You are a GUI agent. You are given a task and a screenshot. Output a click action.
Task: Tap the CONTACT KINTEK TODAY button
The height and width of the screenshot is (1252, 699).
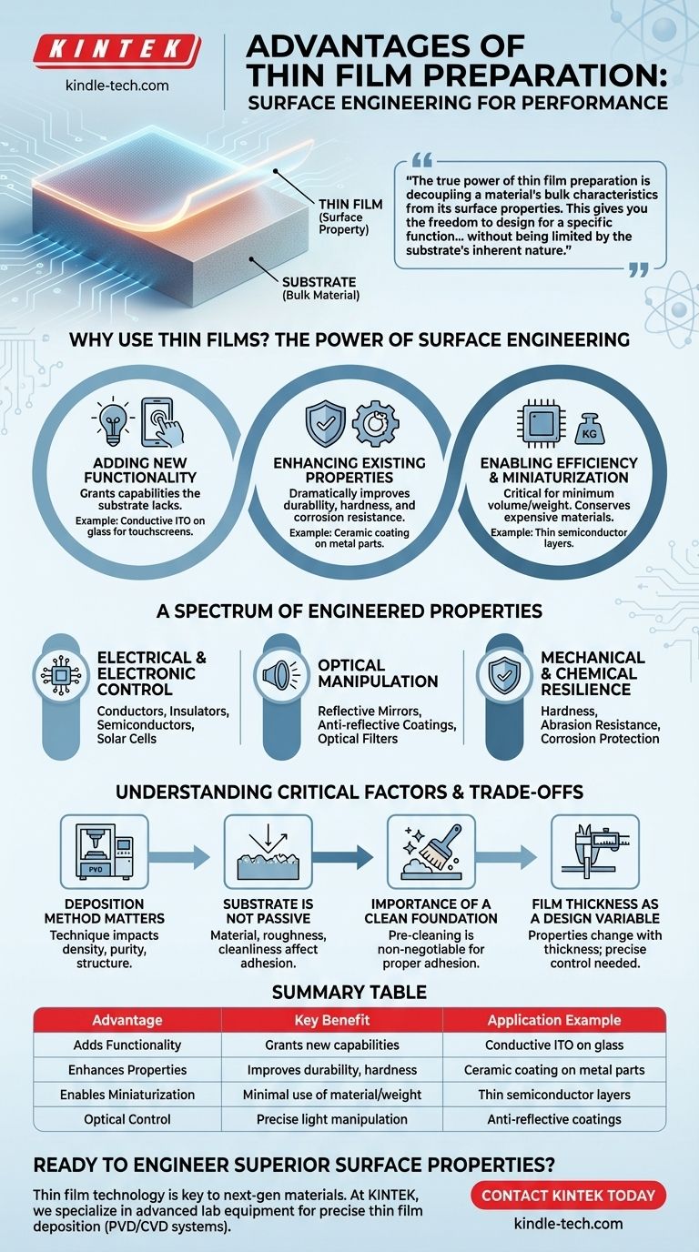pos(568,1196)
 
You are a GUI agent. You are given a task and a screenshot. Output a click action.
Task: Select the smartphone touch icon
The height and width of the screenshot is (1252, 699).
pos(162,422)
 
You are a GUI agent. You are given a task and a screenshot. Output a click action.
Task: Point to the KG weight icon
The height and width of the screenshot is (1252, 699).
pos(589,429)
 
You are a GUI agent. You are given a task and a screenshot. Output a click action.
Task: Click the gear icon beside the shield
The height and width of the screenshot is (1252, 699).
pos(375,422)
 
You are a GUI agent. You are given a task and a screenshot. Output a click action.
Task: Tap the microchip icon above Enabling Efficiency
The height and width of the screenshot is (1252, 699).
pos(541,424)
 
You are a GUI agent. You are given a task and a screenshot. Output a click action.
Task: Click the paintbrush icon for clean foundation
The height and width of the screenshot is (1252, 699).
pos(431,852)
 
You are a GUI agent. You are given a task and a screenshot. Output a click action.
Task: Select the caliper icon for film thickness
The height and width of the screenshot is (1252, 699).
pos(595,852)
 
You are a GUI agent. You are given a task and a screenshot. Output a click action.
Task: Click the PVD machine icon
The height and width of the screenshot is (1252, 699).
pos(104,852)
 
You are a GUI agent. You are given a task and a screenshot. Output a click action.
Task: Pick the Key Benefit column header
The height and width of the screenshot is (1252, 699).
pos(332,1020)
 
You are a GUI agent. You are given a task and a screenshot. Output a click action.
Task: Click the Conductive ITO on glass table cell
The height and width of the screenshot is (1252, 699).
pos(554,1045)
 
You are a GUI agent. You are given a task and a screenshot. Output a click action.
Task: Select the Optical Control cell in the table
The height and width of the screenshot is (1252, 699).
pos(127,1119)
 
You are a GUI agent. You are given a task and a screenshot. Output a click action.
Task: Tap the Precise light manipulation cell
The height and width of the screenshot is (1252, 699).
pos(332,1119)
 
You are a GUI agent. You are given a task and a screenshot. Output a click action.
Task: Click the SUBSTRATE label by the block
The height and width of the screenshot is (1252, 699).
pos(319,282)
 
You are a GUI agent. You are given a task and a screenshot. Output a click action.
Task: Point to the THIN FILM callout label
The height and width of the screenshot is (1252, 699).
pos(350,205)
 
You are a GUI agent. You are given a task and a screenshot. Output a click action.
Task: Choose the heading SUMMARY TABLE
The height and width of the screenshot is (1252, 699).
pos(349,992)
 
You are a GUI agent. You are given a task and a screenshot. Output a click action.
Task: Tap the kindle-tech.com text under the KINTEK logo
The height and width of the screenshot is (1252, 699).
pos(116,86)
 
